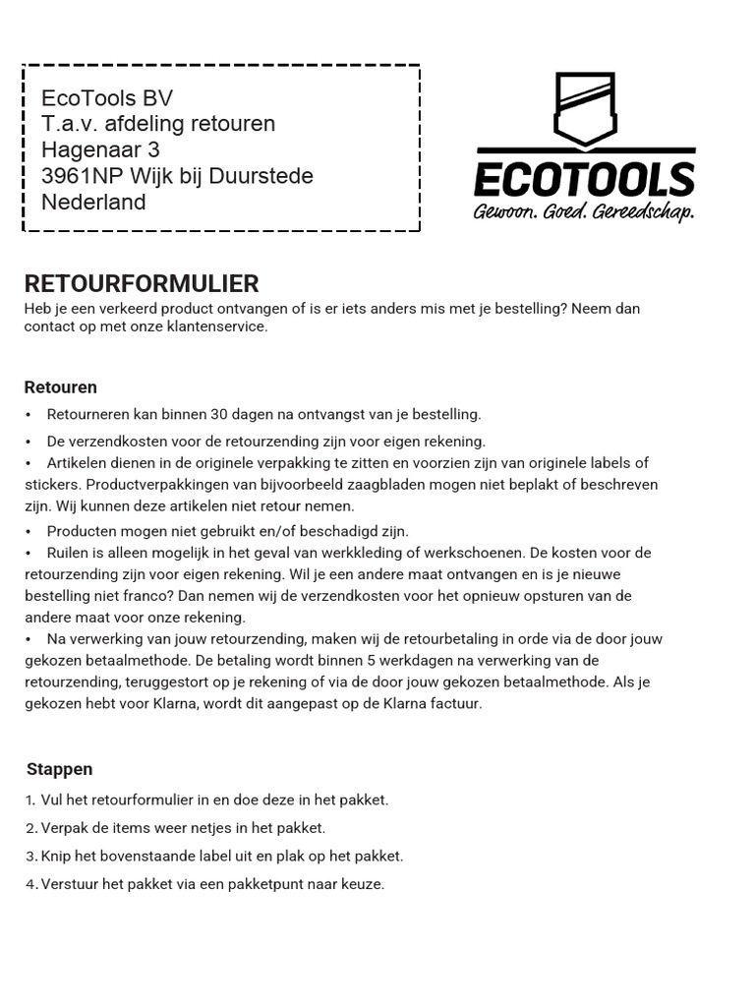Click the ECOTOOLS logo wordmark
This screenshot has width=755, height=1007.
[585, 179]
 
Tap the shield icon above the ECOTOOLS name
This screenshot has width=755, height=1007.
[585, 108]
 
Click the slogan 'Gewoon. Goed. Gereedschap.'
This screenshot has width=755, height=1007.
[584, 211]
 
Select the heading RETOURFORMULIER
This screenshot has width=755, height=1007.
[142, 284]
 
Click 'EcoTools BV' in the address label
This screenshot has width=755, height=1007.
[107, 98]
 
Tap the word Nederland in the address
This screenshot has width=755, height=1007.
[93, 203]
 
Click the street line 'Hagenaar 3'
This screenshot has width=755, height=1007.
[100, 150]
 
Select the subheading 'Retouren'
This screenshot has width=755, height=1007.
[61, 387]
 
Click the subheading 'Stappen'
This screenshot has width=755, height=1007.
[60, 769]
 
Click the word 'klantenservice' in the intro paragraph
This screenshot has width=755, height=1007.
[218, 326]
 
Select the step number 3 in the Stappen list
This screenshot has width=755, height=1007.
[31, 857]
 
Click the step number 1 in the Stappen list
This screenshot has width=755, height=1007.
[30, 800]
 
